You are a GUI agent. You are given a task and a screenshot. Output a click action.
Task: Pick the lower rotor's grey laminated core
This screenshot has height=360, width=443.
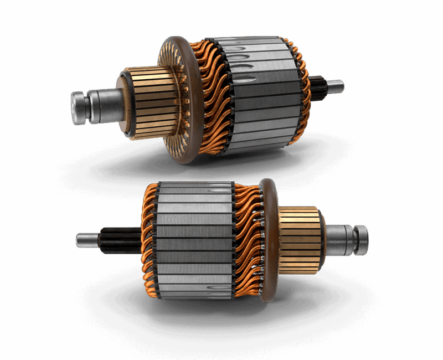tap(194, 238)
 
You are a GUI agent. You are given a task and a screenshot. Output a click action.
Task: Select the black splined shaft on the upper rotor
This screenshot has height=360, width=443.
tap(317, 87)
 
